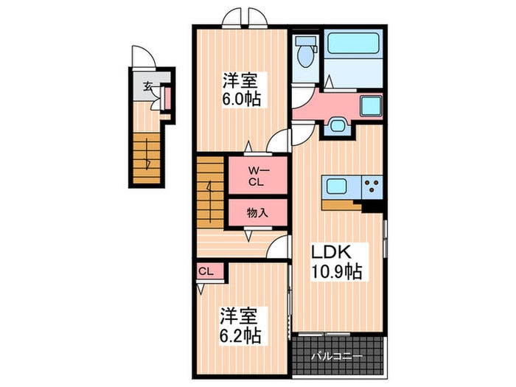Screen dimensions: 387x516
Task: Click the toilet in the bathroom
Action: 302,52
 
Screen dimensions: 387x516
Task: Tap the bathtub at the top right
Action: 352,49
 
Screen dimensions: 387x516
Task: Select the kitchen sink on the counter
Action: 337,187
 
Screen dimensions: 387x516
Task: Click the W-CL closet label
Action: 255,178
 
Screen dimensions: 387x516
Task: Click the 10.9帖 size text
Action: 336,273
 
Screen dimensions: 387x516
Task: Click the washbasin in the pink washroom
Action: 338,125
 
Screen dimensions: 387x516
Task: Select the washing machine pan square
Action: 369,105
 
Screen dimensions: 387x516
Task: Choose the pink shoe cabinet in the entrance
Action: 167,98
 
